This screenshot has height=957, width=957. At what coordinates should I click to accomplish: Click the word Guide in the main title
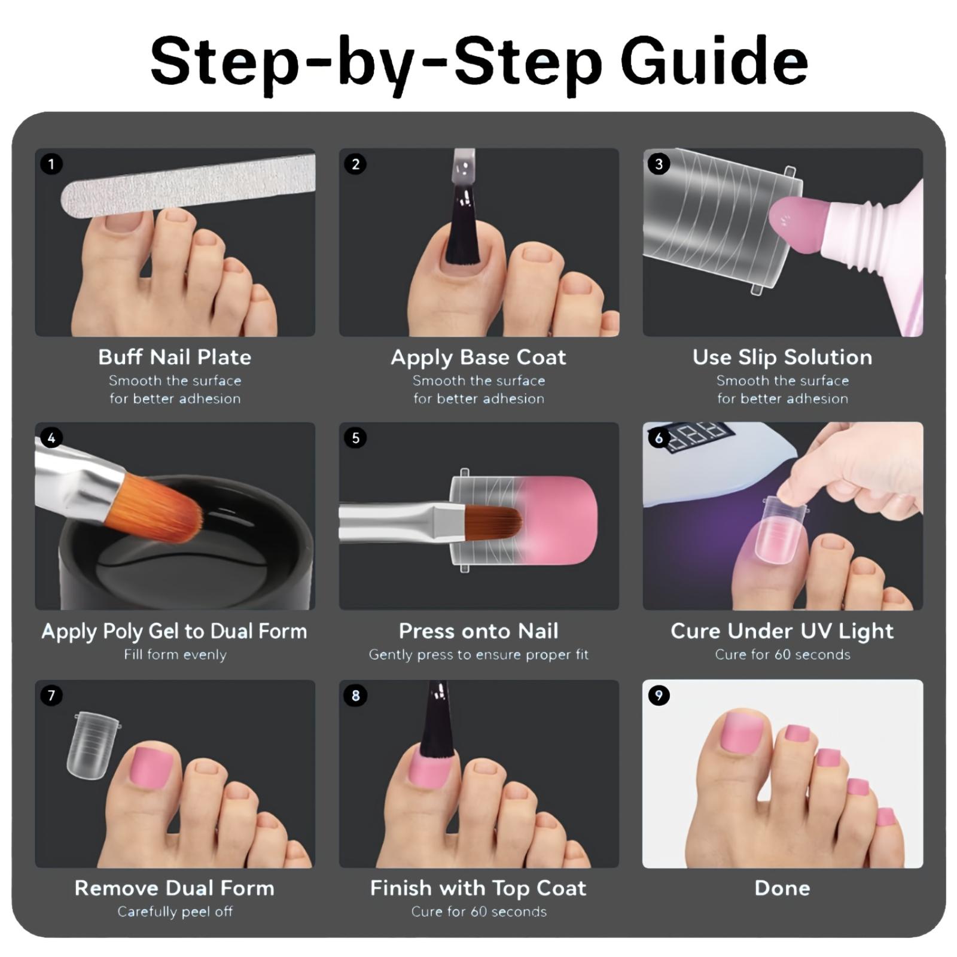(x=714, y=62)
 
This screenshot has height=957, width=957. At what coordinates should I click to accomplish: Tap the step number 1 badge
(x=51, y=164)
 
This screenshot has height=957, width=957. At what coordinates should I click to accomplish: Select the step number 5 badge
(x=355, y=438)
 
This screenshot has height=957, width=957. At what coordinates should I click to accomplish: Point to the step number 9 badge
(x=659, y=696)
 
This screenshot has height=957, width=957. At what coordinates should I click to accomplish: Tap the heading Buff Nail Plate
(x=175, y=357)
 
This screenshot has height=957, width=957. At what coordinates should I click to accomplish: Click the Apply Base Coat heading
(x=478, y=358)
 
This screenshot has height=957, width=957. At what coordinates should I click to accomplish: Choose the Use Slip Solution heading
(x=782, y=358)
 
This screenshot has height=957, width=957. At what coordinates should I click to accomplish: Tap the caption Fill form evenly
(x=175, y=654)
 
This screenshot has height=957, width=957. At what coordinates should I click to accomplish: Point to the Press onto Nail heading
(x=478, y=631)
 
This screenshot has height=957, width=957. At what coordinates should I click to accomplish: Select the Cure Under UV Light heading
(x=782, y=632)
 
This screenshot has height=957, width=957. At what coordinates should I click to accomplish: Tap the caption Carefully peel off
(x=175, y=912)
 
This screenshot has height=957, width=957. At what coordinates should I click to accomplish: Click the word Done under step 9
(x=782, y=888)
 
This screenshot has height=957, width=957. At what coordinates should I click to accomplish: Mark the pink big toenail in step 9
(x=742, y=736)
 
